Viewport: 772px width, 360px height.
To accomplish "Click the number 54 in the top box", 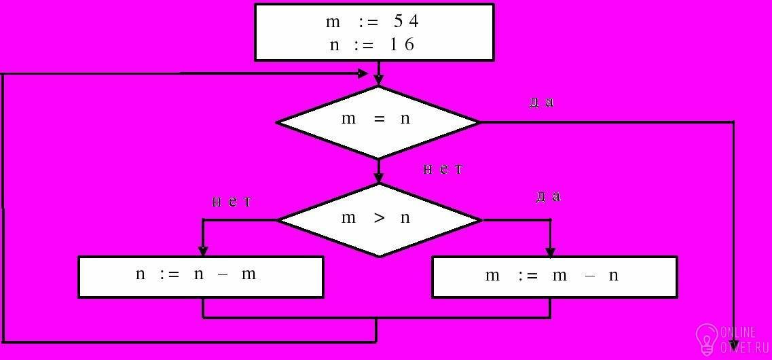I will [x=406, y=21].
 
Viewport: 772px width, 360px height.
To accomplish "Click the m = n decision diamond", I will [x=378, y=122].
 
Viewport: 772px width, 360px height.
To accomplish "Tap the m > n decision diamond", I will [x=378, y=219].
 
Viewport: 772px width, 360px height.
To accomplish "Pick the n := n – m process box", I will [x=200, y=276].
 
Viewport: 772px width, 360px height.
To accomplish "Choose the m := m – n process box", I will [x=554, y=276].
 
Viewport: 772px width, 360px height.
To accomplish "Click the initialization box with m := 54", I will [x=373, y=33].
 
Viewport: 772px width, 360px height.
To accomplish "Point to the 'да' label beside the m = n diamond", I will [x=542, y=103].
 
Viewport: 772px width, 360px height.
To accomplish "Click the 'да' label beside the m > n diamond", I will [x=549, y=197].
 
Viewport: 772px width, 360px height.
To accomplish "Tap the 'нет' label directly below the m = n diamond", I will [x=443, y=169].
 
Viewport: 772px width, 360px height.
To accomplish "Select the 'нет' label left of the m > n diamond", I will [x=232, y=202].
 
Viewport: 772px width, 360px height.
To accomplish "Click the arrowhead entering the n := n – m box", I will [x=202, y=251].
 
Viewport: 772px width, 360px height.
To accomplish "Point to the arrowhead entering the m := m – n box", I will [x=550, y=251].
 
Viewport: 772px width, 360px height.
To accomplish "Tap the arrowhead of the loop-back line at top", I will [x=363, y=73].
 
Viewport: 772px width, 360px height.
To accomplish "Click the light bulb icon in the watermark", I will [x=707, y=338].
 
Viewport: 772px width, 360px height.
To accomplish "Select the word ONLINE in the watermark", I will [x=738, y=332].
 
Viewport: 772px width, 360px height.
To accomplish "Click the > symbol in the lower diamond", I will [x=379, y=219].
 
